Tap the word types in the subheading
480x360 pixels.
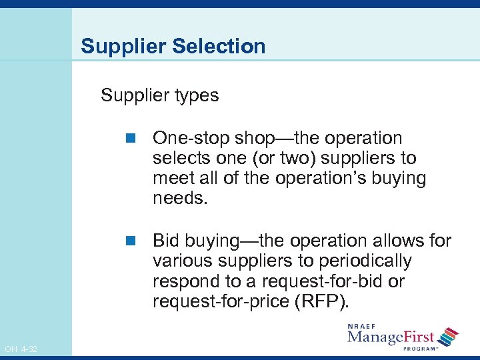(195, 96)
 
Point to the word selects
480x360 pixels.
(176, 159)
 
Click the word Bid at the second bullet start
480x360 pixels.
(166, 240)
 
